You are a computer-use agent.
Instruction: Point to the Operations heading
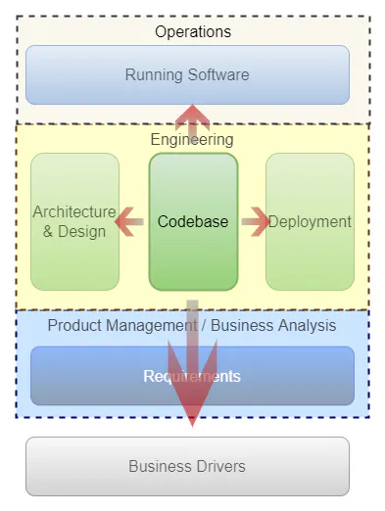[x=193, y=32]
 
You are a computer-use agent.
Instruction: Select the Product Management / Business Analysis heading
[x=192, y=325]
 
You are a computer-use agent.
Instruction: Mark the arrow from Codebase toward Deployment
[x=255, y=222]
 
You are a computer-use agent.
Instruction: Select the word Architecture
[x=74, y=212]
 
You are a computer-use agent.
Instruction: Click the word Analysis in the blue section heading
[x=305, y=325]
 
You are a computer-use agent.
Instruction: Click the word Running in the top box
[x=154, y=74]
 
